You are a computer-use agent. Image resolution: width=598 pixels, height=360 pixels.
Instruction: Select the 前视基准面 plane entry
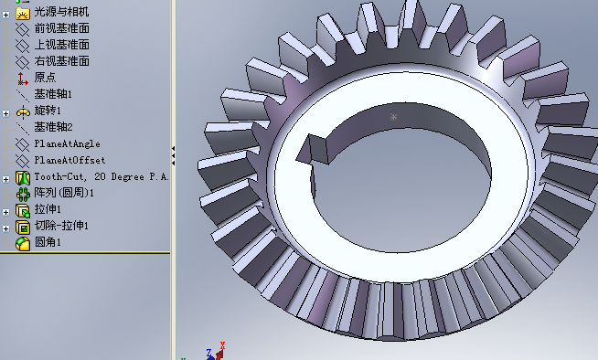61,28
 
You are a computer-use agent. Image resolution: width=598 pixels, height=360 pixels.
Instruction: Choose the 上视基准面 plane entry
61,45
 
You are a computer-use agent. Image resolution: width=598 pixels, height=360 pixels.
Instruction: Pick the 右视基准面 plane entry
61,61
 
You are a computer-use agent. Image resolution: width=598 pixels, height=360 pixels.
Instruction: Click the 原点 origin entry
45,78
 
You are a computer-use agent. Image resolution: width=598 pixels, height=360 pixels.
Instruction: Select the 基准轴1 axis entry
53,94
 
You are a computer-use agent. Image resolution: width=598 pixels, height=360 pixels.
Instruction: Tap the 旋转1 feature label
47,111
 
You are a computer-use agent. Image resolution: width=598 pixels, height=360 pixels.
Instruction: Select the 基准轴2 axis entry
53,127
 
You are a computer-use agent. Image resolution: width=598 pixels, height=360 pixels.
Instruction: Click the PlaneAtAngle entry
67,143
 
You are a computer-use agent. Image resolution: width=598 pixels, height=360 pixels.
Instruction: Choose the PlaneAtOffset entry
69,160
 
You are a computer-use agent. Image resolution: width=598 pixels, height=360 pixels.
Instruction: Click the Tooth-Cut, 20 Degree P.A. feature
101,176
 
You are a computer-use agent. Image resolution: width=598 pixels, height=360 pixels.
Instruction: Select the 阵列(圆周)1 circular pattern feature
64,193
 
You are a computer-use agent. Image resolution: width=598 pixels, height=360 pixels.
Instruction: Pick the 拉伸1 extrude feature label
47,209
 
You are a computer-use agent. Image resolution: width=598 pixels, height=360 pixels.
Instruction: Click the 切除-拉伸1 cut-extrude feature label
61,226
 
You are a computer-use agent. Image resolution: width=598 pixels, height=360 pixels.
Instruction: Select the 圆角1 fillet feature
47,242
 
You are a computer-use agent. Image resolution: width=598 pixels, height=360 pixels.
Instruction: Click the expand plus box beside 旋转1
6,111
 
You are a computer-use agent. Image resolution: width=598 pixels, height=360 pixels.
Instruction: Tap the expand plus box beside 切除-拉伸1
6,227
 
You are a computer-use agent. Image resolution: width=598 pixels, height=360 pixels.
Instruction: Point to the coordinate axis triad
217,351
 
